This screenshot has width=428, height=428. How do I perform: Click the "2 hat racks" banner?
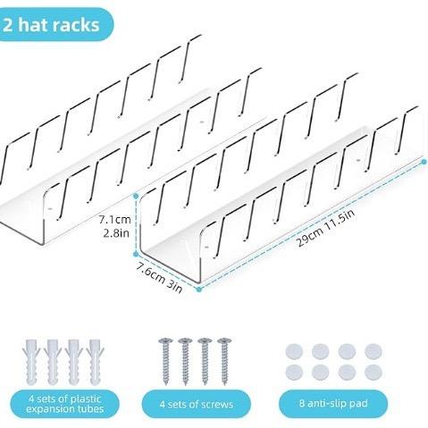click(x=55, y=24)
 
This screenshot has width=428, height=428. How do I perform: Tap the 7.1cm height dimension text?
click(x=115, y=220)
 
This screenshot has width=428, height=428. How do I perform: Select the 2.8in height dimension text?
click(x=116, y=232)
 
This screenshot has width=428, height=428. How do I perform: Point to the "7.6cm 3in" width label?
click(x=159, y=277)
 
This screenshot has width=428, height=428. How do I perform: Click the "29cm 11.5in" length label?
click(x=326, y=228)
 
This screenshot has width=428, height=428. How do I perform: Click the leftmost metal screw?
click(x=165, y=361)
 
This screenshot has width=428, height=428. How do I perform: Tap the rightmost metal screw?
click(x=224, y=361)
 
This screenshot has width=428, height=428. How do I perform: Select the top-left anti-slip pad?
click(x=294, y=351)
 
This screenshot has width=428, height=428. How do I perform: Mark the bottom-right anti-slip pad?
click(x=373, y=372)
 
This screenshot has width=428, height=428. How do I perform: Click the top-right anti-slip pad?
click(x=373, y=351)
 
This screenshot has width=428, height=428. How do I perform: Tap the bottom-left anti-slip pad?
click(x=294, y=372)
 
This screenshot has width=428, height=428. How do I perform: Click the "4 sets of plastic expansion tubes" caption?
click(x=65, y=404)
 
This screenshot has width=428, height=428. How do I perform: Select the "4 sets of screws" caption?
click(x=197, y=404)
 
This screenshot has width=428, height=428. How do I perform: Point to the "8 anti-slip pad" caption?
click(x=333, y=404)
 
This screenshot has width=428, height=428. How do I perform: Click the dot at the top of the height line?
click(x=136, y=196)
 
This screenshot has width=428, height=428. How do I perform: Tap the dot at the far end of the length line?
click(x=424, y=162)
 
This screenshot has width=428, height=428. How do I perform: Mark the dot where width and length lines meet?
click(x=199, y=289)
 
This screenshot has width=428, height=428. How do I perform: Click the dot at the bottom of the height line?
click(x=136, y=254)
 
